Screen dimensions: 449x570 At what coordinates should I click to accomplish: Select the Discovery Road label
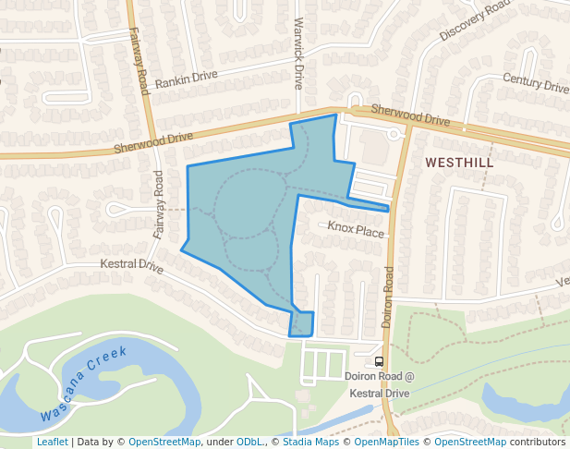[475, 20]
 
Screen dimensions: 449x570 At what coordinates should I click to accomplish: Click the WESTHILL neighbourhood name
[459, 163]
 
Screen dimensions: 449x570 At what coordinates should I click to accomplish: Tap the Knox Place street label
[356, 230]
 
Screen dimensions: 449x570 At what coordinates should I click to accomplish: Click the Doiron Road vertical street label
[388, 297]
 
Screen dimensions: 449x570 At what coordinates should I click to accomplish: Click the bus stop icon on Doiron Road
[379, 361]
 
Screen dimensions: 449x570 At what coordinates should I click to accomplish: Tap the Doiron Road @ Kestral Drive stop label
[379, 384]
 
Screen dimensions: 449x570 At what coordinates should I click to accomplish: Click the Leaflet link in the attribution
[52, 442]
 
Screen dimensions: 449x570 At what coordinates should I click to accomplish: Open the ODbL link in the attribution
[249, 442]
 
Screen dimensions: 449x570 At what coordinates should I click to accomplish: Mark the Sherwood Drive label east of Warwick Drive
[410, 115]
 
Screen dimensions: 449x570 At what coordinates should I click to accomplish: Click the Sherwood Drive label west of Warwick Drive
[153, 142]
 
